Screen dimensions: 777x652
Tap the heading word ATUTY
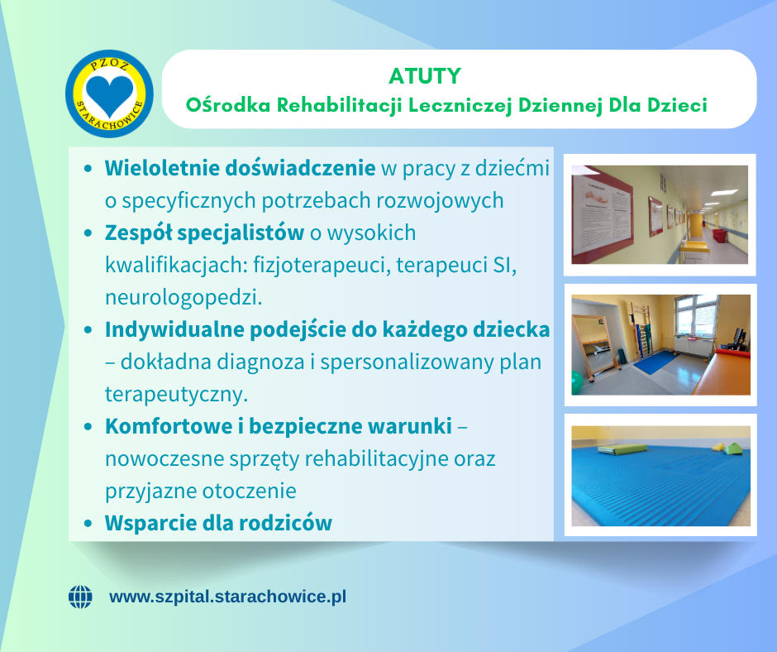tap(425, 76)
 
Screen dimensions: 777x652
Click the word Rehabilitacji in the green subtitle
tap(339, 105)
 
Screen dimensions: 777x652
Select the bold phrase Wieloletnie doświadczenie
tap(240, 168)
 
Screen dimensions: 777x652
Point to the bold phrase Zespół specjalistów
tap(204, 233)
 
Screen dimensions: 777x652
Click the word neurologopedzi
tap(184, 298)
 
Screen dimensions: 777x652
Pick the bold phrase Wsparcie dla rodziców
tap(218, 523)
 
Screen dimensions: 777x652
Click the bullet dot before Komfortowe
tap(88, 427)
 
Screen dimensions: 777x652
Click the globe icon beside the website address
tap(80, 597)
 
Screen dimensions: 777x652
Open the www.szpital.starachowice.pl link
tap(227, 597)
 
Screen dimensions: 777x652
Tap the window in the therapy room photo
tap(696, 316)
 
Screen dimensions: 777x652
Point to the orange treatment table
tap(722, 372)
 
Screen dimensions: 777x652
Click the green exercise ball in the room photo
tap(577, 382)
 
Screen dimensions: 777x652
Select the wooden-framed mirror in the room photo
tap(594, 347)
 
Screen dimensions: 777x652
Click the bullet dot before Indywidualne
tap(88, 330)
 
